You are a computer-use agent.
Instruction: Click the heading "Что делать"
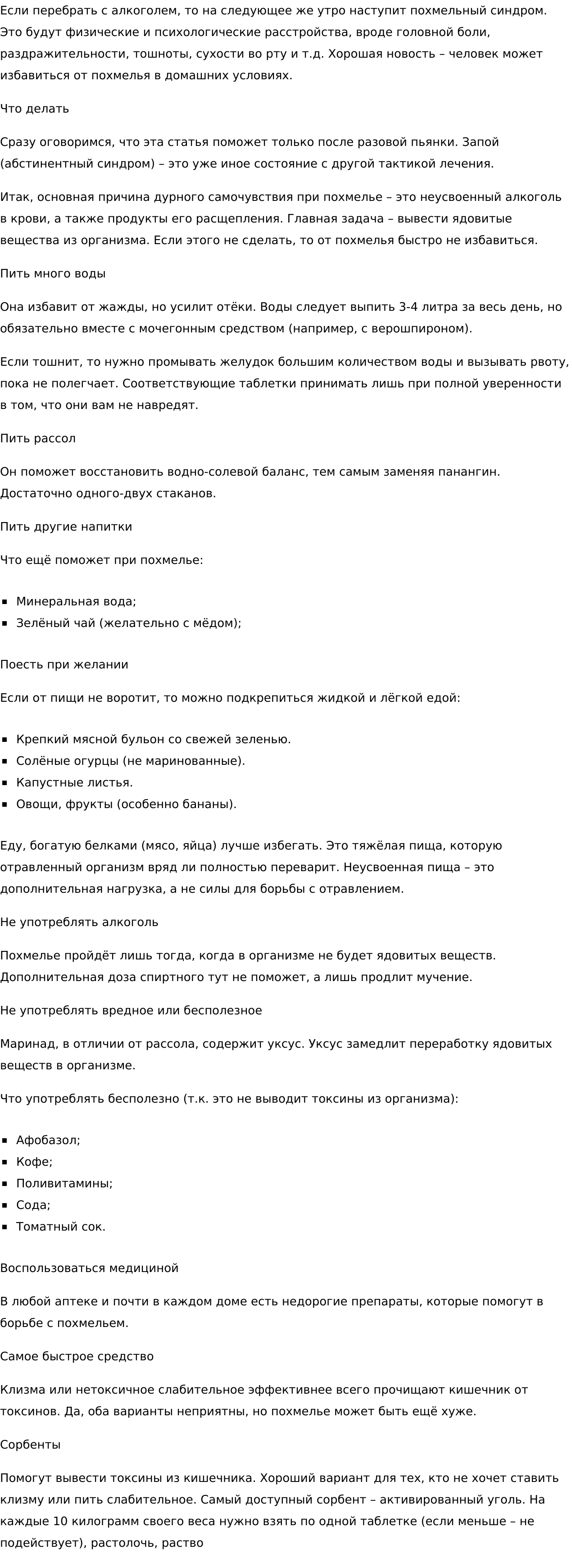click(34, 109)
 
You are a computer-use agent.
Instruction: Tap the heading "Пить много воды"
click(53, 274)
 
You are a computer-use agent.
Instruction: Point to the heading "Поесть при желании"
click(64, 665)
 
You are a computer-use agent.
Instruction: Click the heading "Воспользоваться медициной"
click(89, 1268)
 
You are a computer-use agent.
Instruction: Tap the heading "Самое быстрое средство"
click(77, 1356)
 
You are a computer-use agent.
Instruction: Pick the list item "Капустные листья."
click(74, 782)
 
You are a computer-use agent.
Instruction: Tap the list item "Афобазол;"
click(48, 1140)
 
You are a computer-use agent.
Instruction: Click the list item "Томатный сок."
click(60, 1227)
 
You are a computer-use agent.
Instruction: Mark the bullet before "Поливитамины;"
click(5, 1184)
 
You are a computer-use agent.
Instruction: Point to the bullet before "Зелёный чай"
click(5, 623)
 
